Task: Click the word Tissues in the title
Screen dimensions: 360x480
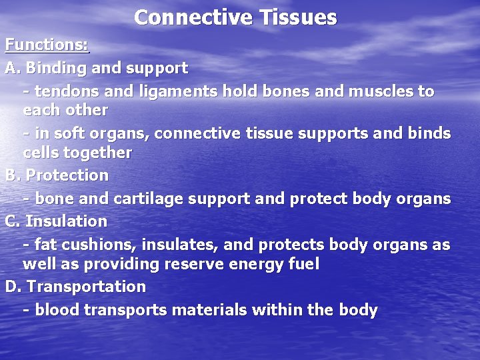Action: (x=296, y=17)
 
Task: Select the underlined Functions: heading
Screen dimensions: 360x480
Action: (x=47, y=45)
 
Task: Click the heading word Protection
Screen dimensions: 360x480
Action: (x=67, y=175)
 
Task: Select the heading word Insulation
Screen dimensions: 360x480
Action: (x=66, y=221)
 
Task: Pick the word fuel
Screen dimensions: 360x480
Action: (x=303, y=264)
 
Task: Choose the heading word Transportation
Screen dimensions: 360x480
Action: (x=87, y=287)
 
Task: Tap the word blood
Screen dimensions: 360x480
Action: (x=55, y=310)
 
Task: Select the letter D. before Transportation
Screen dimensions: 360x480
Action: (x=13, y=287)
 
